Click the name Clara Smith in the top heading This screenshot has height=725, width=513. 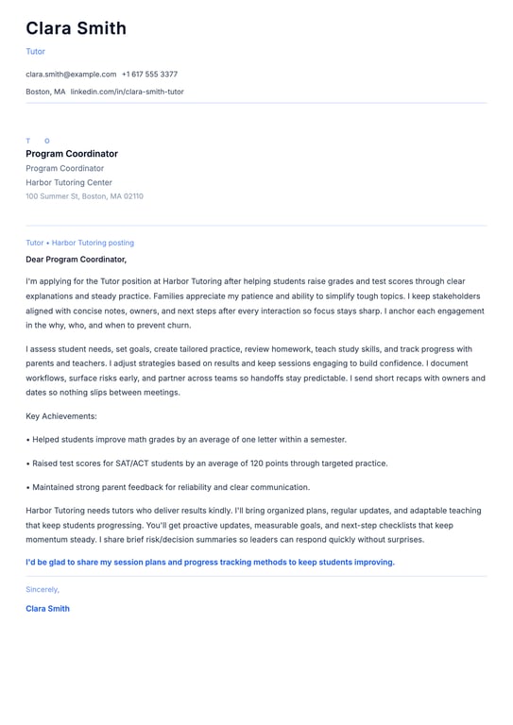pos(76,28)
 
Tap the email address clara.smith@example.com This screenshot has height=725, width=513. pos(71,74)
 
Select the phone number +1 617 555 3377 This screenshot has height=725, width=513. pos(149,74)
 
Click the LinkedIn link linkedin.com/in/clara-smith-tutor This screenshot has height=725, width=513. pos(127,92)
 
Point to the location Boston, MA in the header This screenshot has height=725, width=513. pos(45,92)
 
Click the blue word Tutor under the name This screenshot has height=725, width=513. pos(35,52)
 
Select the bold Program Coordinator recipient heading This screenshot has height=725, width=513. pos(72,154)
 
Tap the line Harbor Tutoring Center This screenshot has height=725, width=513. pos(69,182)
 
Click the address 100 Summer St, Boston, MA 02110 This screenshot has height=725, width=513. pos(84,196)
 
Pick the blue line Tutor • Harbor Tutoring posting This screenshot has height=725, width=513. pos(79,243)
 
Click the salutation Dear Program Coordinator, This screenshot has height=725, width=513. pos(76,259)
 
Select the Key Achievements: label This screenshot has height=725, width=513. pos(61,415)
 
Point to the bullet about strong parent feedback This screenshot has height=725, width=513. pos(170,487)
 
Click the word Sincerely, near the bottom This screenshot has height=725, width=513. pos(43,589)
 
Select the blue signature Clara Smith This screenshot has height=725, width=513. pos(47,609)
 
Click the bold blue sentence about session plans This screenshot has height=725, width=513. pos(210,563)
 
